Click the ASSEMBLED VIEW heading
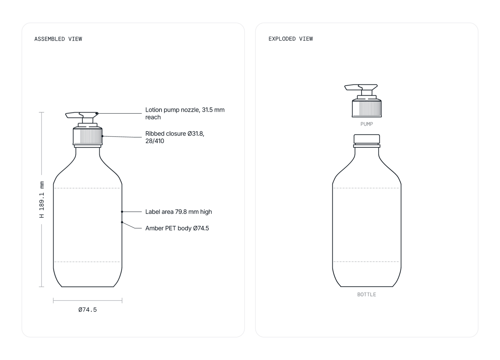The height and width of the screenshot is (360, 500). (58, 39)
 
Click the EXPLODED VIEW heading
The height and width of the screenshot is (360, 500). (291, 39)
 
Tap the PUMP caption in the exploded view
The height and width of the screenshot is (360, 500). (367, 124)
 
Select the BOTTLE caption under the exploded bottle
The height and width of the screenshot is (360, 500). (367, 294)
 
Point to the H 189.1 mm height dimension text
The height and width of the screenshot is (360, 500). (42, 199)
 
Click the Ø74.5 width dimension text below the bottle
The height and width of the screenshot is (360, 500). (87, 310)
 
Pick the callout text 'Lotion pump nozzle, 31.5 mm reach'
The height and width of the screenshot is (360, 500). (185, 113)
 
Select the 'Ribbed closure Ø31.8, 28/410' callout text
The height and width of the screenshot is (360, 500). (175, 137)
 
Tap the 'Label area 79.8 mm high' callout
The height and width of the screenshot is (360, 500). (178, 212)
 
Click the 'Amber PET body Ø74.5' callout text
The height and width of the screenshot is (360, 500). (177, 228)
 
